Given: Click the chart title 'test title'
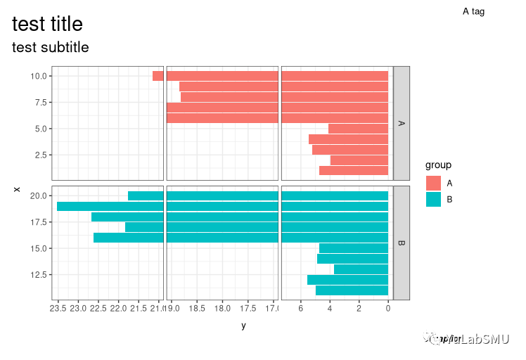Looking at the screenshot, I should [x=48, y=24].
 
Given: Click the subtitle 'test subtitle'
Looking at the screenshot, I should [x=51, y=48].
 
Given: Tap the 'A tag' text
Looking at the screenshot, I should [x=473, y=11].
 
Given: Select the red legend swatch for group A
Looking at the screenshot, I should [x=433, y=183].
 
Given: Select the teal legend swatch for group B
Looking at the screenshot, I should [x=433, y=199].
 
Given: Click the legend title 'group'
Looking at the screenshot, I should [x=438, y=165].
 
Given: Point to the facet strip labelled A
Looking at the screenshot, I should [x=401, y=123].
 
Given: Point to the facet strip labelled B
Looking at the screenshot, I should [x=401, y=243].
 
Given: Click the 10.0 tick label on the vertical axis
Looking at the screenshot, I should [x=40, y=76].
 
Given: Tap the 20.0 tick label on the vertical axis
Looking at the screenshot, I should [x=40, y=195].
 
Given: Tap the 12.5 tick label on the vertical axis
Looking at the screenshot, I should [x=40, y=274].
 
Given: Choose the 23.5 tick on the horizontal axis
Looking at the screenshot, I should [x=58, y=308].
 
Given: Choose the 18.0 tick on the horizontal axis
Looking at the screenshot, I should [x=223, y=308].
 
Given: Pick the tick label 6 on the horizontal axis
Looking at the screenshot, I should [x=301, y=308].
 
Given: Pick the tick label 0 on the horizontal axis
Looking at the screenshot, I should [x=388, y=308].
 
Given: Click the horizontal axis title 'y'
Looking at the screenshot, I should [x=243, y=326].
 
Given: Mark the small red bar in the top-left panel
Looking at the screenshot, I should [x=158, y=76].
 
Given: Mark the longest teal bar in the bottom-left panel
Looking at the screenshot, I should [x=110, y=206].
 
